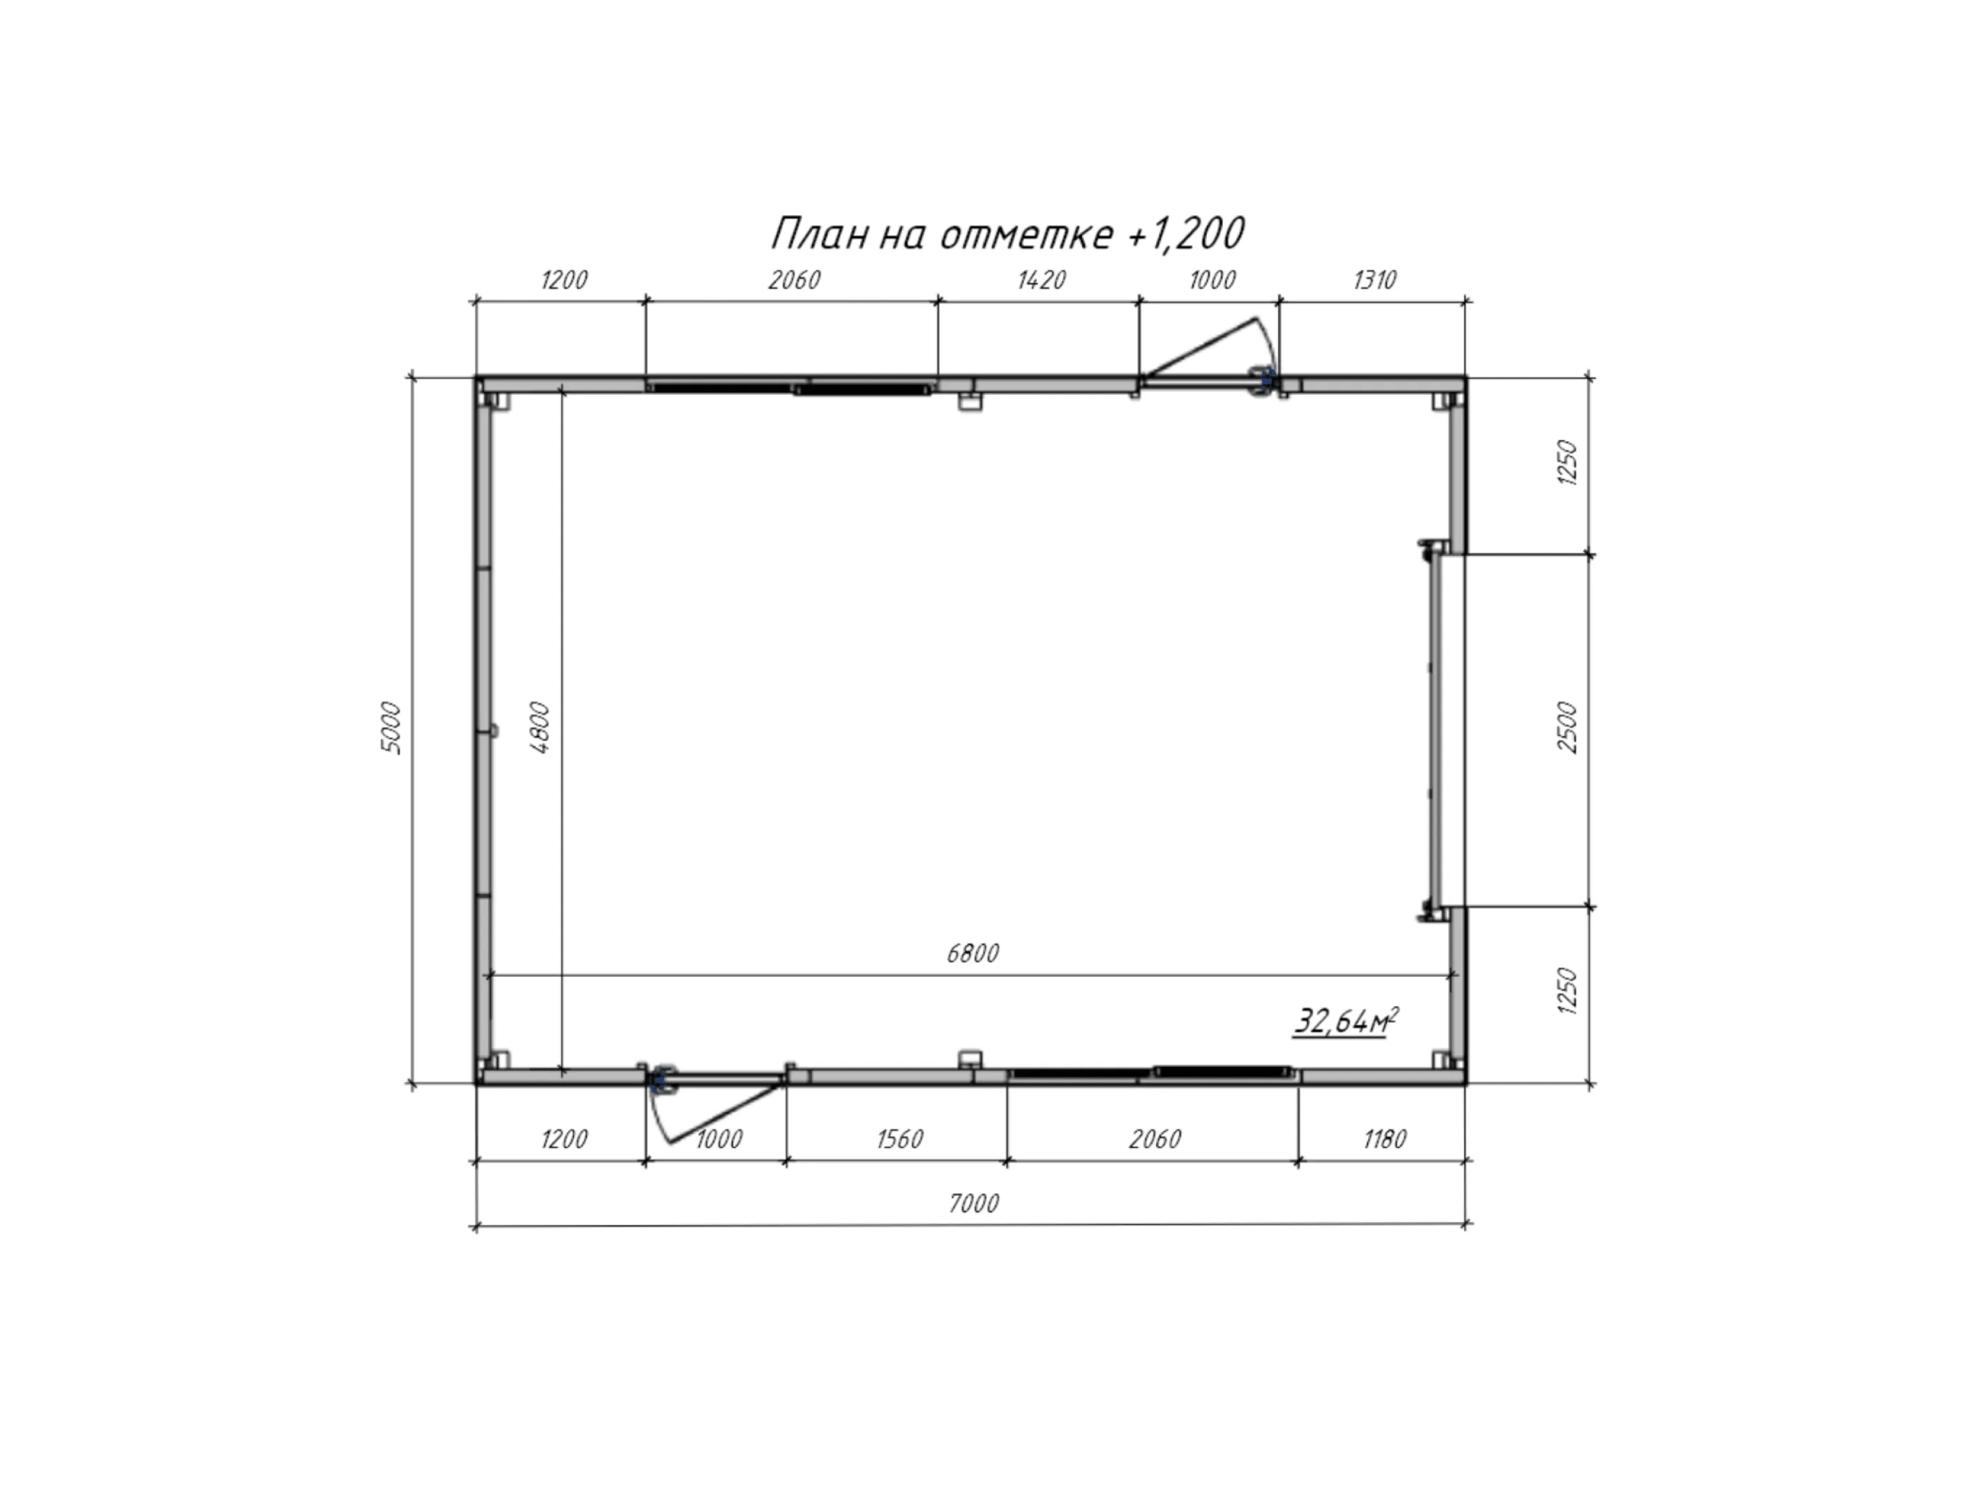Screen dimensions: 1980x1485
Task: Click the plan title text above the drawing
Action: click(x=1007, y=234)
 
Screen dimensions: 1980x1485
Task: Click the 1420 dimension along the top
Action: click(x=1041, y=280)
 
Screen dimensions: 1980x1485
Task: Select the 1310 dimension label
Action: click(x=1374, y=280)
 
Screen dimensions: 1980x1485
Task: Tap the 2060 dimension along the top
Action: click(x=794, y=280)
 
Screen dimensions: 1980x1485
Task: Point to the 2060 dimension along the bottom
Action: click(x=1155, y=1139)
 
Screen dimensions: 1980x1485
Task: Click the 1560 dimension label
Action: click(x=899, y=1139)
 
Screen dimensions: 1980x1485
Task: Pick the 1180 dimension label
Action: click(x=1385, y=1139)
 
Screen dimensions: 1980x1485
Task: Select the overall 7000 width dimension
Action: click(x=973, y=1203)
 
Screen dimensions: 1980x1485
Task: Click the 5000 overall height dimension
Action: click(x=391, y=728)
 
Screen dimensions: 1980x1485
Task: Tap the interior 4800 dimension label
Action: click(x=540, y=728)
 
